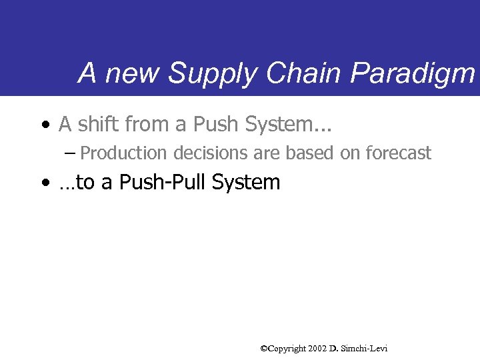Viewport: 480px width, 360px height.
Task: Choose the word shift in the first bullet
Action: point(98,123)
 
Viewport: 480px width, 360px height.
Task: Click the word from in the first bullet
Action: point(156,123)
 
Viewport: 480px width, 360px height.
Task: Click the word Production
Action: point(124,153)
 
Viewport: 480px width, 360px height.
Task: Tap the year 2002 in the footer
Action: point(317,349)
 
